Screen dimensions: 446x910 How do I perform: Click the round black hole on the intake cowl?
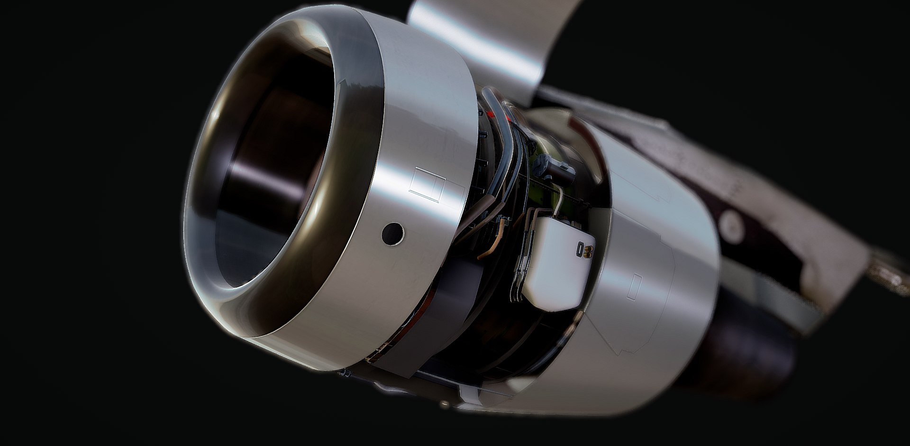point(393,232)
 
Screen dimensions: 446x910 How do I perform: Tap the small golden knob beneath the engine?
point(444,404)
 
